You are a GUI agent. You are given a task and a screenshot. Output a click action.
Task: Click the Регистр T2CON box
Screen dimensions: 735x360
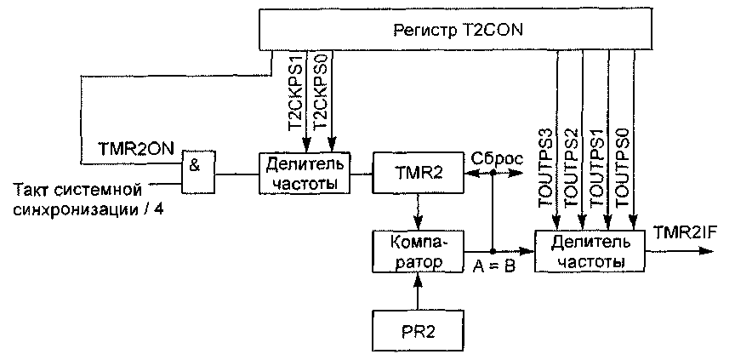click(x=458, y=31)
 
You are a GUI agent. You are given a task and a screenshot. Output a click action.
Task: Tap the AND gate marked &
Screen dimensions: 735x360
click(x=199, y=172)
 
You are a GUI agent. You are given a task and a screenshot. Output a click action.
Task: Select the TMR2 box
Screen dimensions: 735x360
click(x=417, y=172)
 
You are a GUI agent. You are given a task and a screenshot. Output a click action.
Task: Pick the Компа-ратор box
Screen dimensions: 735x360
click(x=417, y=251)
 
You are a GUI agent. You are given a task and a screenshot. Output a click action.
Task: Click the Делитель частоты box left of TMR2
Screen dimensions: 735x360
click(x=305, y=172)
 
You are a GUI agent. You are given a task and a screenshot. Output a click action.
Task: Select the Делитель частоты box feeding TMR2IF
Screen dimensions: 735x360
click(x=590, y=251)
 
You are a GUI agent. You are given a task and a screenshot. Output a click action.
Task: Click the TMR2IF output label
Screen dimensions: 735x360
click(x=687, y=232)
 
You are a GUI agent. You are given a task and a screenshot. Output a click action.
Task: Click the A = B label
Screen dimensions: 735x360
click(x=494, y=266)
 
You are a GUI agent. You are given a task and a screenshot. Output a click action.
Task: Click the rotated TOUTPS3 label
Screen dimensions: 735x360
click(x=546, y=168)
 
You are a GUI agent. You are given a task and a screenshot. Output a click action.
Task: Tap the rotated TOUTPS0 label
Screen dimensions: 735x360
click(x=622, y=168)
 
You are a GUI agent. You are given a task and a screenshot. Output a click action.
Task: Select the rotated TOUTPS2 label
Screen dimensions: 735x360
click(x=572, y=168)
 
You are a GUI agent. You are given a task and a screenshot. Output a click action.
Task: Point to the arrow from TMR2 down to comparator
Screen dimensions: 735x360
click(x=417, y=211)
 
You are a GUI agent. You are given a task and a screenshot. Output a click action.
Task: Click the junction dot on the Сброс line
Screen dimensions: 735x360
click(x=493, y=173)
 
